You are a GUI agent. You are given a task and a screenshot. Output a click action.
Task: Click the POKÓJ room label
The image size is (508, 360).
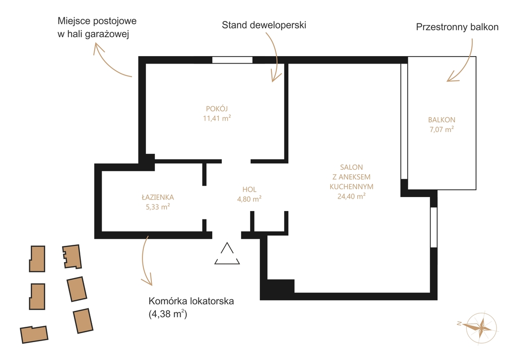(x=217, y=109)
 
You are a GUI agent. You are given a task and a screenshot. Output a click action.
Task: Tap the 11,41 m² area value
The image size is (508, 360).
(x=217, y=118)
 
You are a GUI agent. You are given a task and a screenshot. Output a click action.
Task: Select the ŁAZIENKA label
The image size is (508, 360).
(x=158, y=197)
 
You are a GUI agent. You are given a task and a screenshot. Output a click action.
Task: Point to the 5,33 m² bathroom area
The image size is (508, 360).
(x=158, y=207)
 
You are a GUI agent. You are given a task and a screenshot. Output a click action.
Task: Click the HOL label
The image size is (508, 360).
(x=249, y=189)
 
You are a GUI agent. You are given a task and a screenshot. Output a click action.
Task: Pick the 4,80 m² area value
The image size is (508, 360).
(x=249, y=199)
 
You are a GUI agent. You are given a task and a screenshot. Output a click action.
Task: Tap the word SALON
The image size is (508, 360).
(x=352, y=167)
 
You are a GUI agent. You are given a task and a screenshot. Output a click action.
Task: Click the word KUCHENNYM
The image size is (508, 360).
(x=352, y=187)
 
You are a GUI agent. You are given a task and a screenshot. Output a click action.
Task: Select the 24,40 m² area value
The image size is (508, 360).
(x=352, y=196)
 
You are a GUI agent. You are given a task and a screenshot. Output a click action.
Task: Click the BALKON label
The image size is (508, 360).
(x=442, y=120)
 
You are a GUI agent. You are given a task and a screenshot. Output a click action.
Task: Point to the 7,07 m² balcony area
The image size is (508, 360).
(x=442, y=130)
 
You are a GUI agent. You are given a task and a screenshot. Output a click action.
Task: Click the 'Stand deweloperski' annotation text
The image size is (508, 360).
(x=264, y=25)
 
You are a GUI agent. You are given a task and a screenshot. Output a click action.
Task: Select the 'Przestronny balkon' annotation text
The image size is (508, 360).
(x=457, y=27)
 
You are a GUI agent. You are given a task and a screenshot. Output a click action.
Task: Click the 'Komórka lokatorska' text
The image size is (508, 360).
(x=191, y=301)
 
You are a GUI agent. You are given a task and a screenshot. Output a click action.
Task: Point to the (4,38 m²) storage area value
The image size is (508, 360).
(x=168, y=314)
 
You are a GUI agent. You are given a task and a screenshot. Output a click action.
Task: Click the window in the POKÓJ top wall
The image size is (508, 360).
(x=232, y=60)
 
